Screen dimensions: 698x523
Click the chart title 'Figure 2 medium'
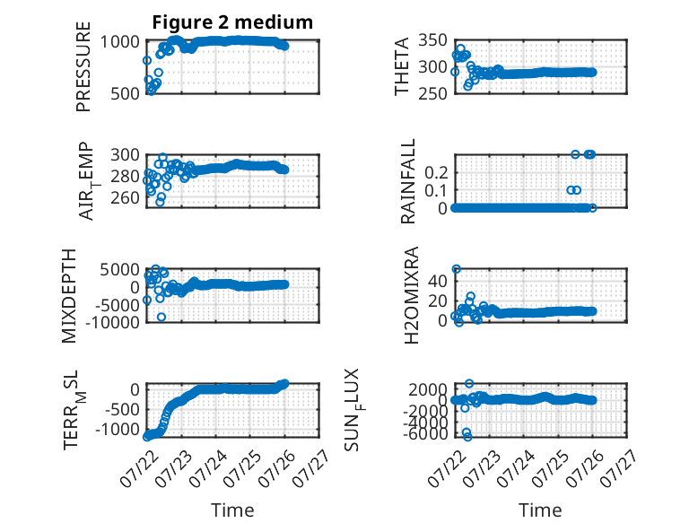pos(232,22)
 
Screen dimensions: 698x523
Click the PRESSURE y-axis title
pos(83,66)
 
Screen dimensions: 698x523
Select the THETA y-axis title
pos(402,66)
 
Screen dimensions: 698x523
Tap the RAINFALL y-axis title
pos(407,180)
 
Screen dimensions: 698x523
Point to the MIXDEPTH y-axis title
pos(69,295)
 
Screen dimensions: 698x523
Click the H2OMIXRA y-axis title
pos(412,295)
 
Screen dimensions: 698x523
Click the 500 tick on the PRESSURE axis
pos(126,93)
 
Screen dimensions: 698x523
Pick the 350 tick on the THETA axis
pos(432,40)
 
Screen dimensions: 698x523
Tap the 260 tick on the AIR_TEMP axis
pos(126,197)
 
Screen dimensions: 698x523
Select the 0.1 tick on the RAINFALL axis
pos(436,190)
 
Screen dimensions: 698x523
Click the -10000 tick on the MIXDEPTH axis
pos(112,322)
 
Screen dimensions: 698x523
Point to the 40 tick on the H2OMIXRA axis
pos(438,281)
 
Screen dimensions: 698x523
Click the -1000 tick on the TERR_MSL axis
pos(118,430)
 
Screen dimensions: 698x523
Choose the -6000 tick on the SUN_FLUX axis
pos(426,433)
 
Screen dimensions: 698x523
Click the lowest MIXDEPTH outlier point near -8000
pos(161,317)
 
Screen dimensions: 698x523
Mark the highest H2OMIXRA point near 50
pos(457,269)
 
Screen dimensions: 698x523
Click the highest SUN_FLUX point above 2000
pos(469,383)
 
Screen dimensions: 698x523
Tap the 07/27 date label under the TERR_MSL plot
pos(311,468)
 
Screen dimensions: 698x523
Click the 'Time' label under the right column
pos(540,510)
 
